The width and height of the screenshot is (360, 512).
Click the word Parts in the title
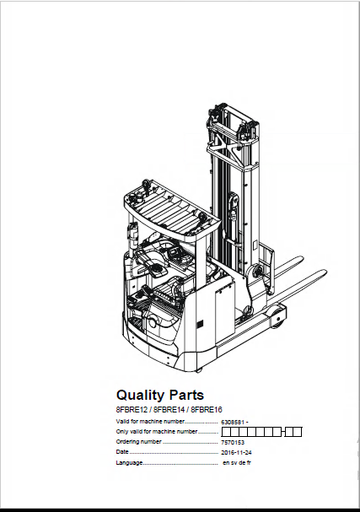186,395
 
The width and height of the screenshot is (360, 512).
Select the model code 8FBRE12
132,409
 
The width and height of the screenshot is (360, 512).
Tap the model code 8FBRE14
169,409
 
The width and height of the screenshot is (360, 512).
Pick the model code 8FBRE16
207,409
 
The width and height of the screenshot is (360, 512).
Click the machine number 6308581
233,423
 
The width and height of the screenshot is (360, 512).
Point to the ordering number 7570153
233,443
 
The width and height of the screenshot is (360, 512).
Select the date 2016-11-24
236,453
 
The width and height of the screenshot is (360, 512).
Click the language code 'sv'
234,463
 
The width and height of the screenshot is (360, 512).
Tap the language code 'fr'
249,463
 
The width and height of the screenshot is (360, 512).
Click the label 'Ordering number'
138,442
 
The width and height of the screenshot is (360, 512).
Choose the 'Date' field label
122,452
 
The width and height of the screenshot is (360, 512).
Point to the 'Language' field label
129,463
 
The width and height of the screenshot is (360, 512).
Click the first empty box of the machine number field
226,432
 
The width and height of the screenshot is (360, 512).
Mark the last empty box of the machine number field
298,432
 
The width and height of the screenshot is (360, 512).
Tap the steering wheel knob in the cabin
157,271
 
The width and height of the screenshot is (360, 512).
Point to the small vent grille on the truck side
200,325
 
